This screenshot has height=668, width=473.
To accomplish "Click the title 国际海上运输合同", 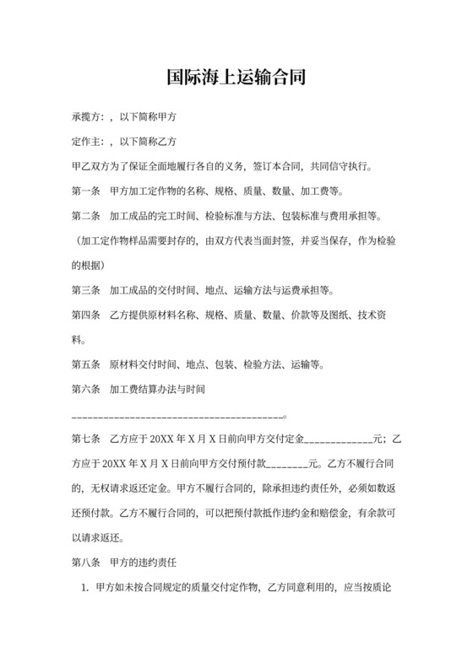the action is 236,78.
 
